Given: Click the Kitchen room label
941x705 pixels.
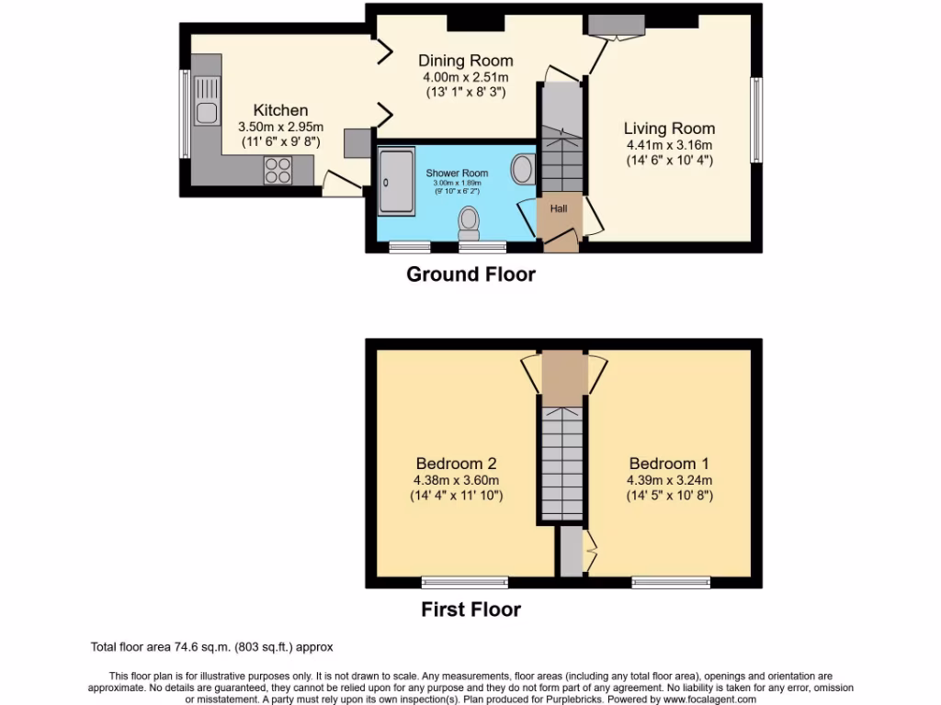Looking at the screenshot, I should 280,110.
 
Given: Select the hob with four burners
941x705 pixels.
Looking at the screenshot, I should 278,169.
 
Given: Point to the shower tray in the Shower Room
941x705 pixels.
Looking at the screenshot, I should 396,182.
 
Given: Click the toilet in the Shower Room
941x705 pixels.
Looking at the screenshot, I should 470,221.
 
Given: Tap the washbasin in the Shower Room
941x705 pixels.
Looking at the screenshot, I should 523,169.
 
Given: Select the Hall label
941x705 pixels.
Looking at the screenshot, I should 559,208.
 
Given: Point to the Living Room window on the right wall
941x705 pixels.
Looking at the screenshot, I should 756,119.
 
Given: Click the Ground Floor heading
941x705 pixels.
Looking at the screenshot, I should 470,274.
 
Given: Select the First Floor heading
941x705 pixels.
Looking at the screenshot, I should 470,609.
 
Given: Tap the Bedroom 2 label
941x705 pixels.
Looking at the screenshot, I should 456,464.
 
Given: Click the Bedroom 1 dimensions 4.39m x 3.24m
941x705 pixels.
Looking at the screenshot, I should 669,480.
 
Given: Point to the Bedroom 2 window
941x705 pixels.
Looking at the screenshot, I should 465,582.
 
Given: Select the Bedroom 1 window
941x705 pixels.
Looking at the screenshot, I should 671,582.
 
